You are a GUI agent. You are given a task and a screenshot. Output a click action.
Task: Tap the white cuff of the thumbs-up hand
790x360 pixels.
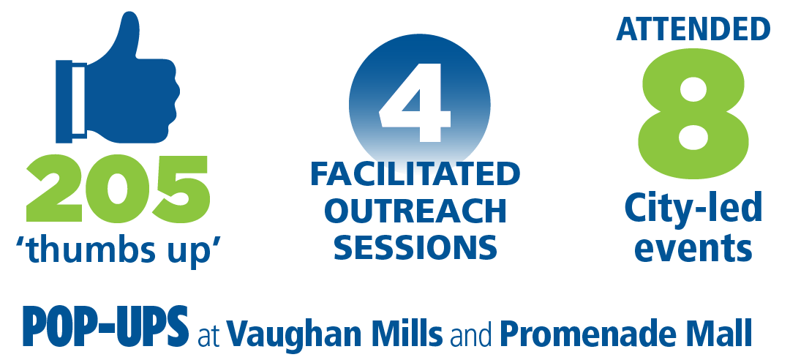[78, 101]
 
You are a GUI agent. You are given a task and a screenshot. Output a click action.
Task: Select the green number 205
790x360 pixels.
[118, 189]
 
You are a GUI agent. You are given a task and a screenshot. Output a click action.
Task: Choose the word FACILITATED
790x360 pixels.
[415, 174]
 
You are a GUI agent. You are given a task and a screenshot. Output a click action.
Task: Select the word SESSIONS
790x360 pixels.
[415, 247]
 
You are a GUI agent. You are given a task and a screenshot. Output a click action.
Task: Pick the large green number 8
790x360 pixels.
[693, 113]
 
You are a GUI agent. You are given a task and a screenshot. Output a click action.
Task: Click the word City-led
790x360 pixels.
[693, 209]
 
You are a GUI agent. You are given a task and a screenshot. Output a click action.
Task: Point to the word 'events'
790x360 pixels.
[693, 248]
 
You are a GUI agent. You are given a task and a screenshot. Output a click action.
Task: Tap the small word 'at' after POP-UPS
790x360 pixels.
[207, 335]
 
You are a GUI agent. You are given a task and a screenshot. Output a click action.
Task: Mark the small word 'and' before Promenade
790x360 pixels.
[472, 333]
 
